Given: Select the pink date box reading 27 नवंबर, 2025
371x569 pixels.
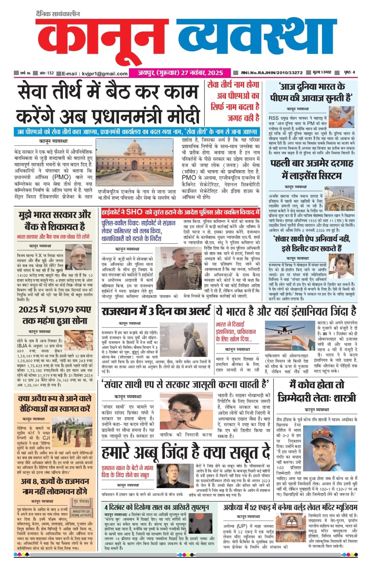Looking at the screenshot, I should point(180,73).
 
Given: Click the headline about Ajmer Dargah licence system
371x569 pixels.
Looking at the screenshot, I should point(311,170).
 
